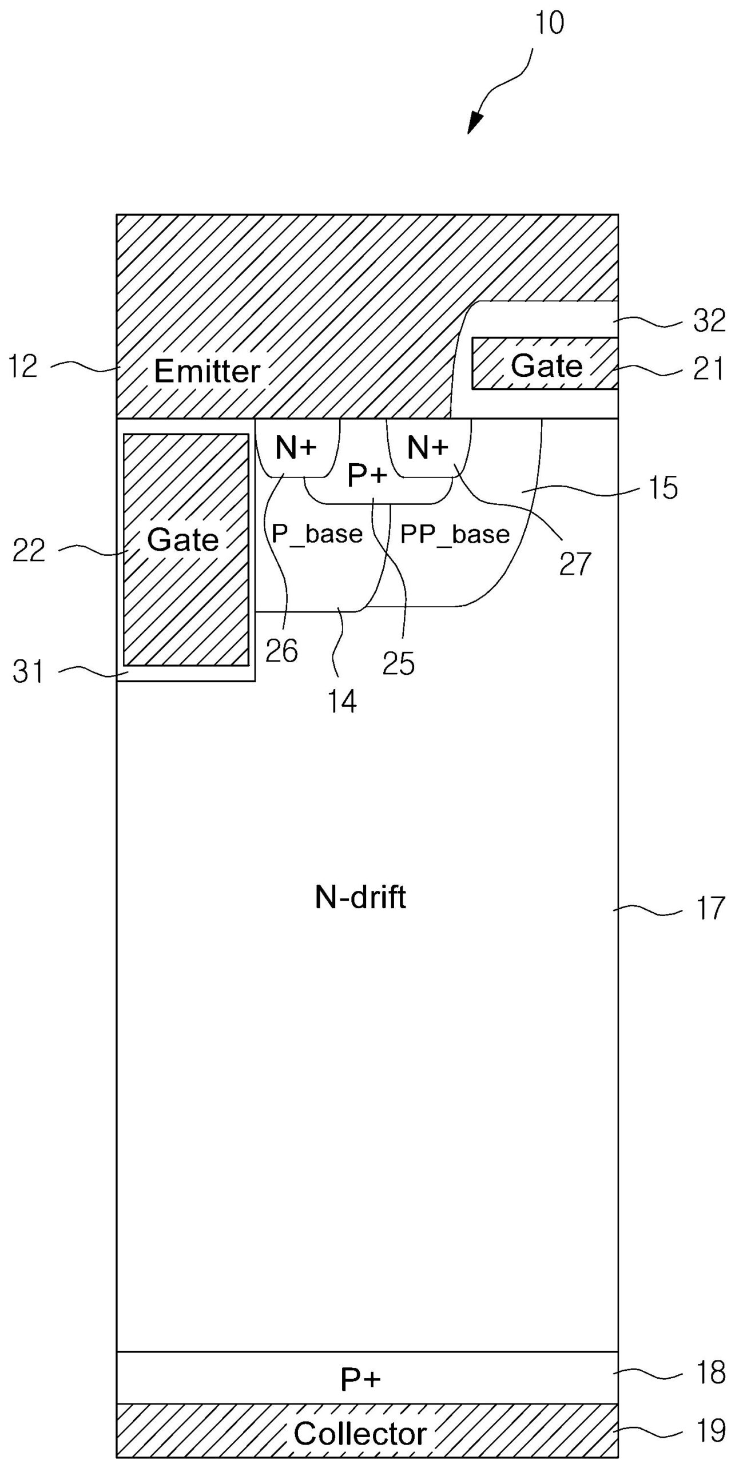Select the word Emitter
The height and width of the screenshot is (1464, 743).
coord(207,372)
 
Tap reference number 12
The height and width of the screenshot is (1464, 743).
coord(23,366)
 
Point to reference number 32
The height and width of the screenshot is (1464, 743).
coord(709,321)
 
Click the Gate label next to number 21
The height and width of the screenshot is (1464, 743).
coord(546,365)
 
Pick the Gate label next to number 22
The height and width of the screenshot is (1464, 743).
coord(183,539)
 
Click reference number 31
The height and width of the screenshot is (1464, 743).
coord(28,672)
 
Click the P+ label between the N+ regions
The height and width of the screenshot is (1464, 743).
coord(367,475)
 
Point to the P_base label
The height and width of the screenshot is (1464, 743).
coord(317,534)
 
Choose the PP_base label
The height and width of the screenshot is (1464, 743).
coord(455,534)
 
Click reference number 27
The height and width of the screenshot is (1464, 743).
coord(574,564)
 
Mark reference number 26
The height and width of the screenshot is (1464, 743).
coord(281,651)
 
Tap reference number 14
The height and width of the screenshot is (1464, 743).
coord(342,701)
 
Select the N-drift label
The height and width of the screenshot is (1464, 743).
coord(360,897)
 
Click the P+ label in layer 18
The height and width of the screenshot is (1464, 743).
coord(360,1379)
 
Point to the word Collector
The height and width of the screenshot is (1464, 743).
coord(360,1434)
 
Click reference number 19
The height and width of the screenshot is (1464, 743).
coord(710,1430)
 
